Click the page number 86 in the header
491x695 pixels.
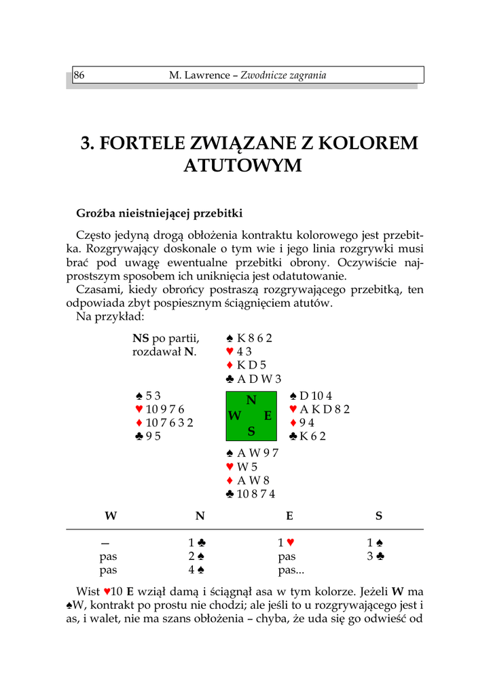click(79, 75)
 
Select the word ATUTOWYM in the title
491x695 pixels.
click(242, 166)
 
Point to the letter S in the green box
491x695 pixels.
click(251, 431)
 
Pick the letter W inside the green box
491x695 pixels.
click(235, 416)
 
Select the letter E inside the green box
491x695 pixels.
click(268, 416)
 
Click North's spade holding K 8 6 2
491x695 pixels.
click(249, 338)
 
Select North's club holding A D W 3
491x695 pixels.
click(253, 379)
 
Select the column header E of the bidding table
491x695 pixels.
click(289, 516)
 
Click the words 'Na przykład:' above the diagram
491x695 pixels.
click(110, 317)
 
